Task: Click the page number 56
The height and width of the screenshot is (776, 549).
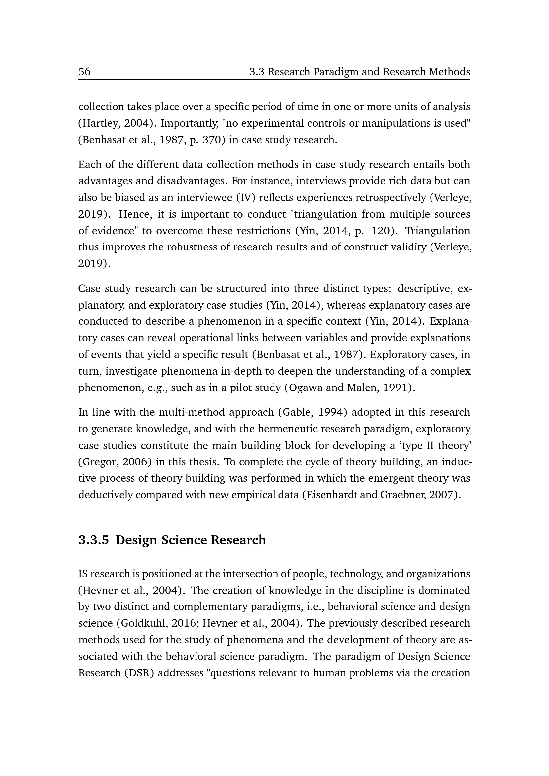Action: pos(85,72)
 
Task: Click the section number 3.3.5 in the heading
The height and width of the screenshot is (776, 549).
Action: pos(94,540)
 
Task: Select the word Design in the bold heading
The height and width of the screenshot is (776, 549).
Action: pos(136,540)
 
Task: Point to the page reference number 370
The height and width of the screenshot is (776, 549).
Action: pos(212,140)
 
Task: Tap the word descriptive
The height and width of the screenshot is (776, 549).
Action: pos(425,289)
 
